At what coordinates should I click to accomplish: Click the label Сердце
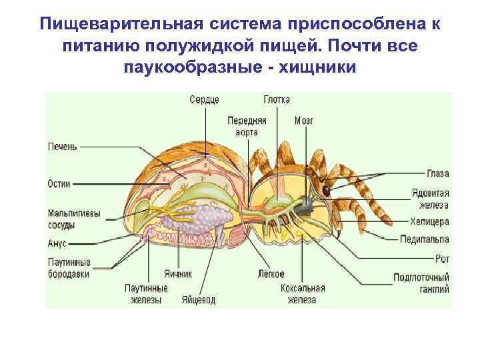pos(204,100)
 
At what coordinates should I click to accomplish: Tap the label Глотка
pos(276,100)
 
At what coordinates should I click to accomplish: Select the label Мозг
pos(303,121)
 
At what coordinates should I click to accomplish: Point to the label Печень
pos(63,147)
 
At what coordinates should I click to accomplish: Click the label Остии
pos(60,183)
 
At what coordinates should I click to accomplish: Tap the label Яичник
pos(178,274)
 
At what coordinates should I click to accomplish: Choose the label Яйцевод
pos(199,300)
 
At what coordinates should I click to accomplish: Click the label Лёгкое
pos(271,274)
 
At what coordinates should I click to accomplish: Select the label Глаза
pos(438,175)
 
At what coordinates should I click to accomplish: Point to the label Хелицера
pos(430,222)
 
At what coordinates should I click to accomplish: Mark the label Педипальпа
pos(425,239)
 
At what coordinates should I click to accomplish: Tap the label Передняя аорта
pos(247,127)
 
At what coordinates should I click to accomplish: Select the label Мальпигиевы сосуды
pos(74,219)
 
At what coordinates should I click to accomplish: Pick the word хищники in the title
pos(315,67)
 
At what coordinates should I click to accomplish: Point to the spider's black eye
pos(327,190)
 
